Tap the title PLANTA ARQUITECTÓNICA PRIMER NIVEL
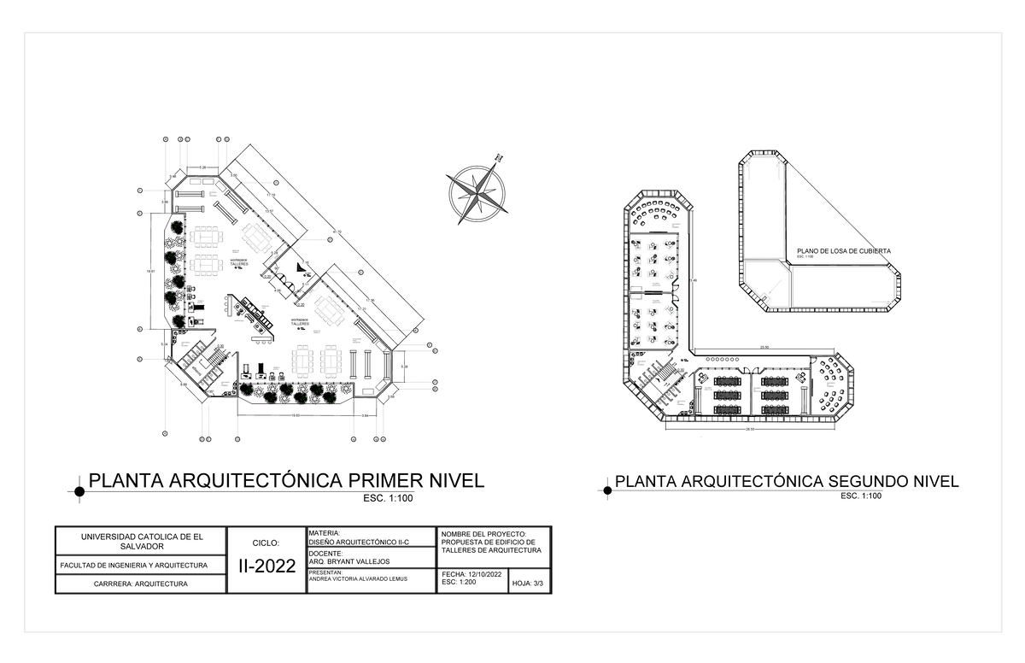point(286,480)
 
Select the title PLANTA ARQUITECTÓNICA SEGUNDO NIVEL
point(787,482)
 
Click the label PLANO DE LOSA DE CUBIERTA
point(843,251)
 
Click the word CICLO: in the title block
point(266,543)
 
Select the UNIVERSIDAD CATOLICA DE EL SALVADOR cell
point(142,541)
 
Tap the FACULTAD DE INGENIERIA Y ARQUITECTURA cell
point(134,565)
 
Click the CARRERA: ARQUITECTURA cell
point(142,584)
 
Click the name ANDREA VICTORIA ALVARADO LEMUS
point(358,578)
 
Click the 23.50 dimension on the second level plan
point(765,347)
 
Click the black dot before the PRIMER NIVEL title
point(79,491)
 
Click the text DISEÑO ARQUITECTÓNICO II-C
point(359,542)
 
